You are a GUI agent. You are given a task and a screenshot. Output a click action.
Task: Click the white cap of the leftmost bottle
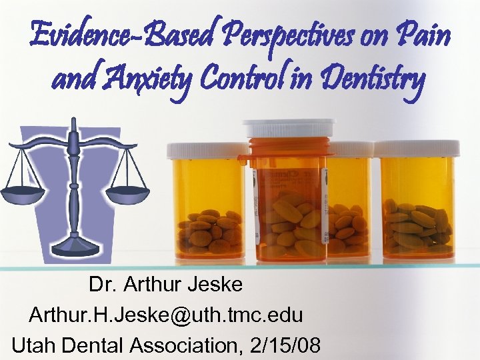click(x=206, y=150)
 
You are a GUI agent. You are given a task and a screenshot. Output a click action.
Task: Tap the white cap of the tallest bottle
click(x=289, y=127)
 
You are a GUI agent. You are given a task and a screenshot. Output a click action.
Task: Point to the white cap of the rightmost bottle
click(x=417, y=147)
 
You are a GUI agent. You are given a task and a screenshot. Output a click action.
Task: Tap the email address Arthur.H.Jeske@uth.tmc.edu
click(x=166, y=315)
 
